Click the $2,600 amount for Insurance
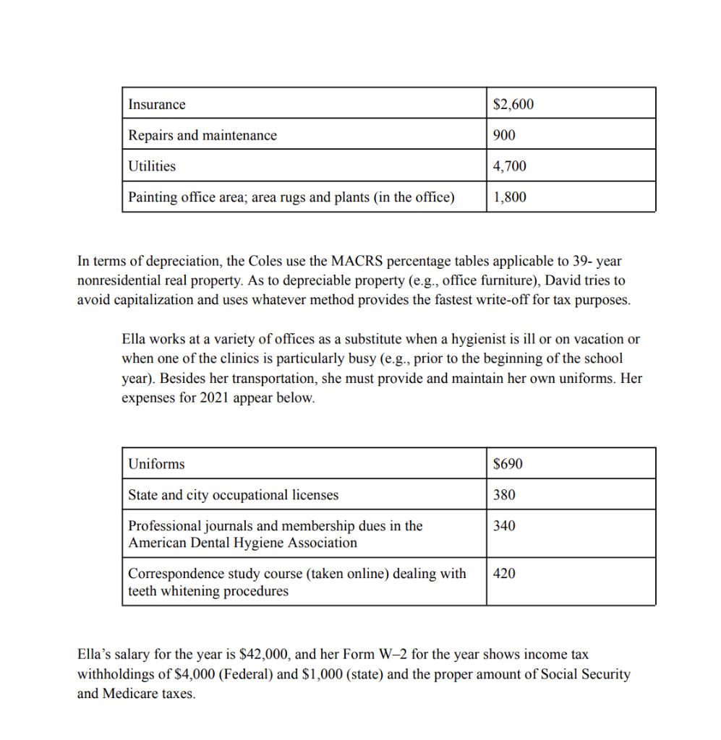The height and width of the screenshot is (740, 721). click(513, 105)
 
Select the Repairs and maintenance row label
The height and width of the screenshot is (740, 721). click(202, 135)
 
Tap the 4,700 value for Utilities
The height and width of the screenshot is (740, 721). click(509, 166)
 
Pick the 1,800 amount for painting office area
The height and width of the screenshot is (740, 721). click(509, 197)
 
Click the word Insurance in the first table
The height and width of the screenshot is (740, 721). click(156, 105)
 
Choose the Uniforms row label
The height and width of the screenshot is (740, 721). click(155, 464)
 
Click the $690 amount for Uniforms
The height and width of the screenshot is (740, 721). click(507, 464)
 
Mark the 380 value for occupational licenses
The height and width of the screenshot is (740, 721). click(504, 495)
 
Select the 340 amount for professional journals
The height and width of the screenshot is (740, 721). click(504, 526)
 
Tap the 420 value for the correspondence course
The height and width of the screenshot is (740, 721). click(504, 574)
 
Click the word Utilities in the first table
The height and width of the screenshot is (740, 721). click(152, 166)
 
